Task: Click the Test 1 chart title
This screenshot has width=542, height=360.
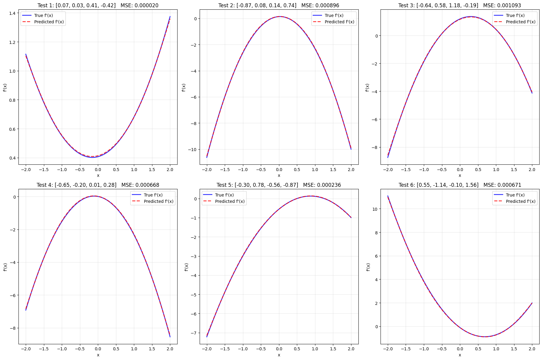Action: [98, 5]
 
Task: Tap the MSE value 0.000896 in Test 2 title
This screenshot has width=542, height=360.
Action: [320, 5]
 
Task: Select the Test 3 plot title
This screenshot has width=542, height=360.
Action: [460, 5]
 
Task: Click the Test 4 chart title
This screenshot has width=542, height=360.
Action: [98, 185]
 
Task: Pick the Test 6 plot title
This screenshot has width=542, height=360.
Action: [460, 185]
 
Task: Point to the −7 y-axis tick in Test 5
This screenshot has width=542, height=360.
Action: [193, 333]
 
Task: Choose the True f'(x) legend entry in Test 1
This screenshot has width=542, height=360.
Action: [43, 15]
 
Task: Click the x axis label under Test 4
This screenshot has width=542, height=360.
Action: [98, 355]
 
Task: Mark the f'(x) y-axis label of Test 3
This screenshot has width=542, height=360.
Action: [367, 88]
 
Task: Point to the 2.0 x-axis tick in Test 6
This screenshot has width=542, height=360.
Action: [532, 349]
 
